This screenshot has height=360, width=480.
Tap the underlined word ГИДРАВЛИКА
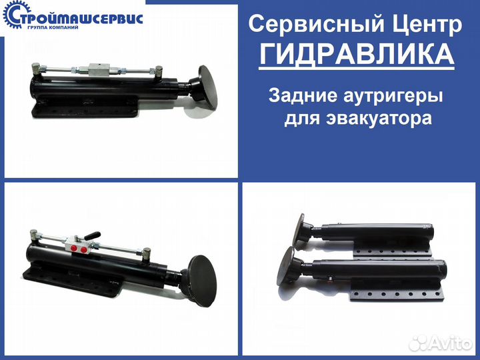pos(357,54)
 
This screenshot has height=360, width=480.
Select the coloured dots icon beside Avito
pos(420,341)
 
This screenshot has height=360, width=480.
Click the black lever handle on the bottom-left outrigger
pos(91,235)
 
